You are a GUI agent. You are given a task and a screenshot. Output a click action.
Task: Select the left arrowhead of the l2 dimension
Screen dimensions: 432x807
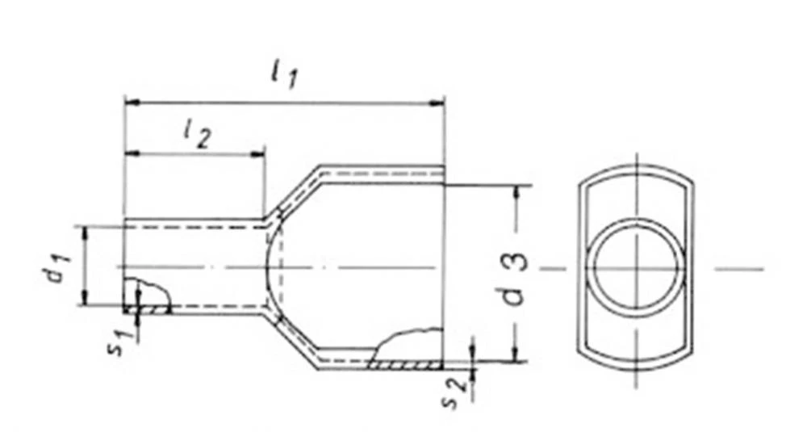coord(132,153)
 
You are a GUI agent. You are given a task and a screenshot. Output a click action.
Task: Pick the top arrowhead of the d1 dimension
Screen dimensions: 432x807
coord(84,233)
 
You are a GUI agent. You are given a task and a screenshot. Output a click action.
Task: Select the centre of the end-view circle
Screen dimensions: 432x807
coord(636,266)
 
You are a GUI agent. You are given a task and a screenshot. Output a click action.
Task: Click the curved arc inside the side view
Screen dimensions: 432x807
coord(269,266)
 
